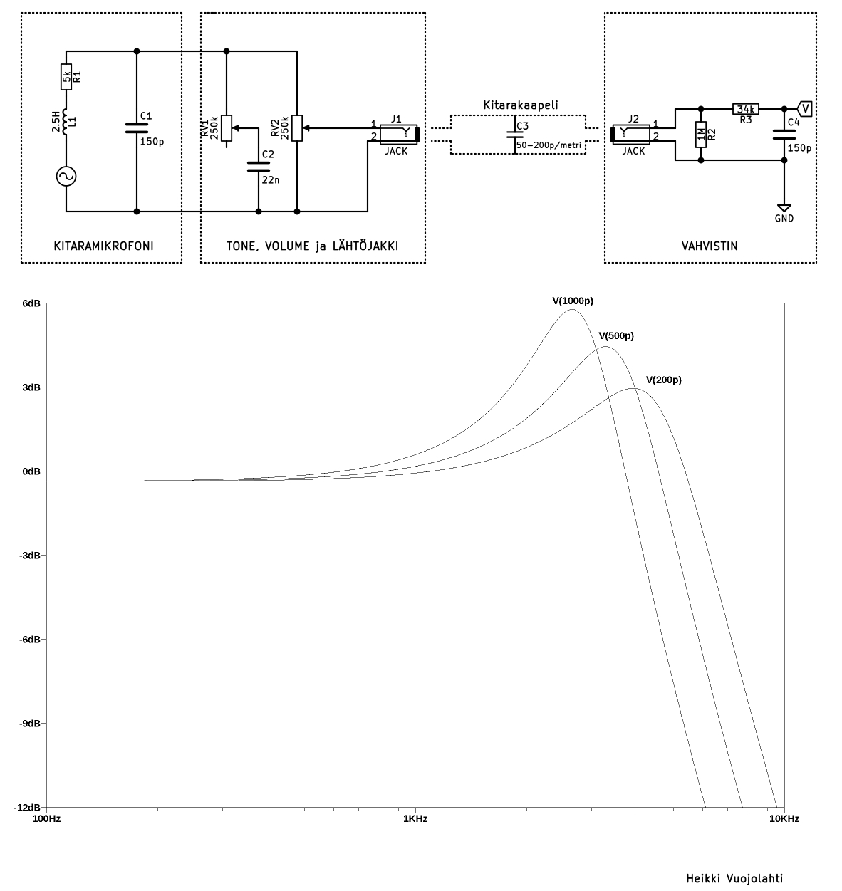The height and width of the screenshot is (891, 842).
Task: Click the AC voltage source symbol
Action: pyautogui.click(x=66, y=177)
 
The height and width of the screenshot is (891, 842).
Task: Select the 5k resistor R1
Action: pyautogui.click(x=66, y=77)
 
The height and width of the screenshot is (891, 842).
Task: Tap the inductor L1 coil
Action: pyautogui.click(x=66, y=122)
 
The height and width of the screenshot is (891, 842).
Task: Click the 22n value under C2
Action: pyautogui.click(x=271, y=179)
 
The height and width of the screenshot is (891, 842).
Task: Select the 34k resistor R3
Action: pyautogui.click(x=746, y=109)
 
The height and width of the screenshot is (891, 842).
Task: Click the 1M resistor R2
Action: pyautogui.click(x=701, y=134)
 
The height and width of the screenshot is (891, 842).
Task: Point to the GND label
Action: pyautogui.click(x=784, y=219)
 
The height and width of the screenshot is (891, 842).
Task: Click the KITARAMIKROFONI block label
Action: pyautogui.click(x=103, y=246)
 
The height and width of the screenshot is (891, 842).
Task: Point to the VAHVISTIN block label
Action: pyautogui.click(x=709, y=246)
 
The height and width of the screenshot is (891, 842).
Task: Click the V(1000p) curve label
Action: pyautogui.click(x=572, y=301)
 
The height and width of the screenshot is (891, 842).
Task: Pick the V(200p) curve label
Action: pyautogui.click(x=663, y=380)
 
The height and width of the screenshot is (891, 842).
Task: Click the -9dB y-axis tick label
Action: pyautogui.click(x=31, y=724)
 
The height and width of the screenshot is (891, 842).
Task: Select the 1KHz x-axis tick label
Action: pyautogui.click(x=415, y=819)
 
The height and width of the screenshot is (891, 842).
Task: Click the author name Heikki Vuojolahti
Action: pyautogui.click(x=734, y=878)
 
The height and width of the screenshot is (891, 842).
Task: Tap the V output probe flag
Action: pyautogui.click(x=805, y=108)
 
